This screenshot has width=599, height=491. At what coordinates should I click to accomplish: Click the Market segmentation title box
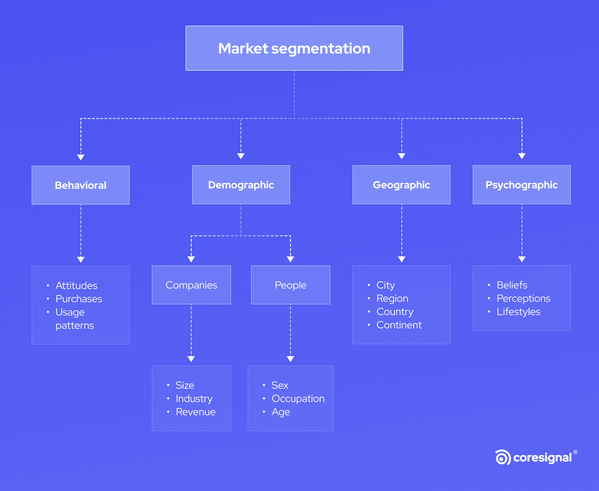(294, 48)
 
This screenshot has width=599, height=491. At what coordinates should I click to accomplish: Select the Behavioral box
(80, 185)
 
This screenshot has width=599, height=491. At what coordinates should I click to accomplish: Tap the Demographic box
(241, 185)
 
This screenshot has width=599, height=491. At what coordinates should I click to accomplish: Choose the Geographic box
(401, 185)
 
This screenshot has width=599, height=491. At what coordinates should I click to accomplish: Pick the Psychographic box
(522, 185)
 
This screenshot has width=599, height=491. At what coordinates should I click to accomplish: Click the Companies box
(191, 285)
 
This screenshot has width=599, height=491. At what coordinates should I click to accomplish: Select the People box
(291, 285)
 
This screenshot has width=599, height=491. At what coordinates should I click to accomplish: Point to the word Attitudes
(77, 286)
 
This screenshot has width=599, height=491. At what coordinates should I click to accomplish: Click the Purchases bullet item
(79, 299)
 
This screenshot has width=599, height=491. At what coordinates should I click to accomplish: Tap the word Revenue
(196, 412)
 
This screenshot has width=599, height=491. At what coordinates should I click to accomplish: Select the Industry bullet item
(194, 399)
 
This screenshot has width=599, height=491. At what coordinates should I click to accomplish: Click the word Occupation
(298, 399)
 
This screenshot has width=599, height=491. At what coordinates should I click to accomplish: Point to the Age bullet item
(281, 412)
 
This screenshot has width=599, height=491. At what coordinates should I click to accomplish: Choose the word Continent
(399, 325)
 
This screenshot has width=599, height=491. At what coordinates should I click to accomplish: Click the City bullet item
(385, 285)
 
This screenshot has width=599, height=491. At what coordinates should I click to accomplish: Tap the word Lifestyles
(519, 312)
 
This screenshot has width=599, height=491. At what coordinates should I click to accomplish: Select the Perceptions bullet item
(524, 298)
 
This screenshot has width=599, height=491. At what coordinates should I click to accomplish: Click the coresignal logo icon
(503, 457)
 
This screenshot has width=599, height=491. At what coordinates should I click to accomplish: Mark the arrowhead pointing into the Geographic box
(401, 156)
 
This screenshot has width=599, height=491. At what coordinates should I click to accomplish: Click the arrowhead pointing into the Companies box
(191, 259)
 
